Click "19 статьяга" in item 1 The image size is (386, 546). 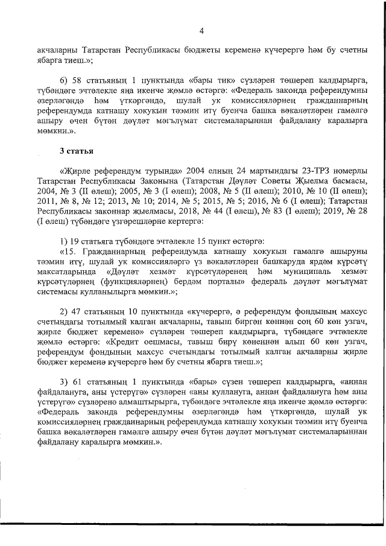coord(95,241)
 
